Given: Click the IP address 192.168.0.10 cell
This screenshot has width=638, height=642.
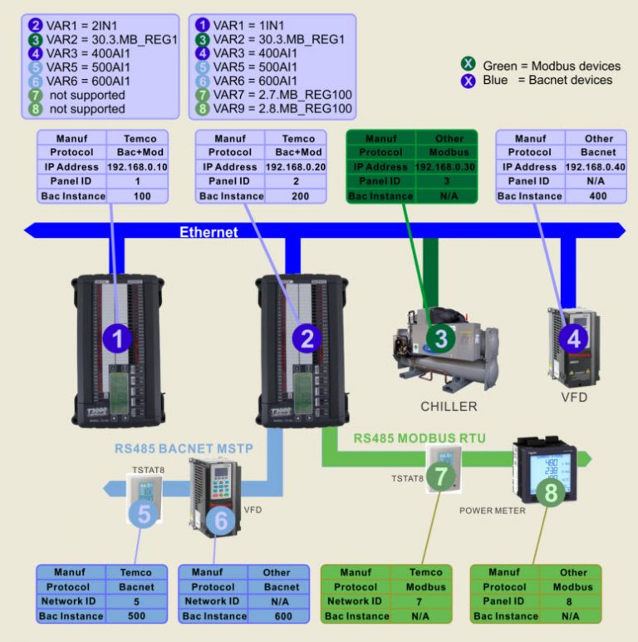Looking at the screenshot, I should coord(138,167).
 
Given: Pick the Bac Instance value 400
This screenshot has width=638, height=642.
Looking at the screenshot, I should coord(598,196).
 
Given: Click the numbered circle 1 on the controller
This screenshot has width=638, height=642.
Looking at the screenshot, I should coord(117,338).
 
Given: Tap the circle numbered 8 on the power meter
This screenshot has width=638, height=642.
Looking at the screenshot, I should coord(551,493).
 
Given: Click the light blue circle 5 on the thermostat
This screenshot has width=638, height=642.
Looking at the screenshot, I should coord(145,515).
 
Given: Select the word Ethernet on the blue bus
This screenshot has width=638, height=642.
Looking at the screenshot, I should coord(209,232).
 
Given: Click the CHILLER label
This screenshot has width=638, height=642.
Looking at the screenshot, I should coord(448,407).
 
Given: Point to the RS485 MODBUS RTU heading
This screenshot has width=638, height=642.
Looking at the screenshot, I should coord(420,438).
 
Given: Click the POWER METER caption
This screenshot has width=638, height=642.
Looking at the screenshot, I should coord(492,511).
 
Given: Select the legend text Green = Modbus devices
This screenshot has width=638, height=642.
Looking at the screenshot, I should coord(552,66).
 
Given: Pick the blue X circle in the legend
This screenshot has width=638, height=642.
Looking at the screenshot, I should coord(469,81).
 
